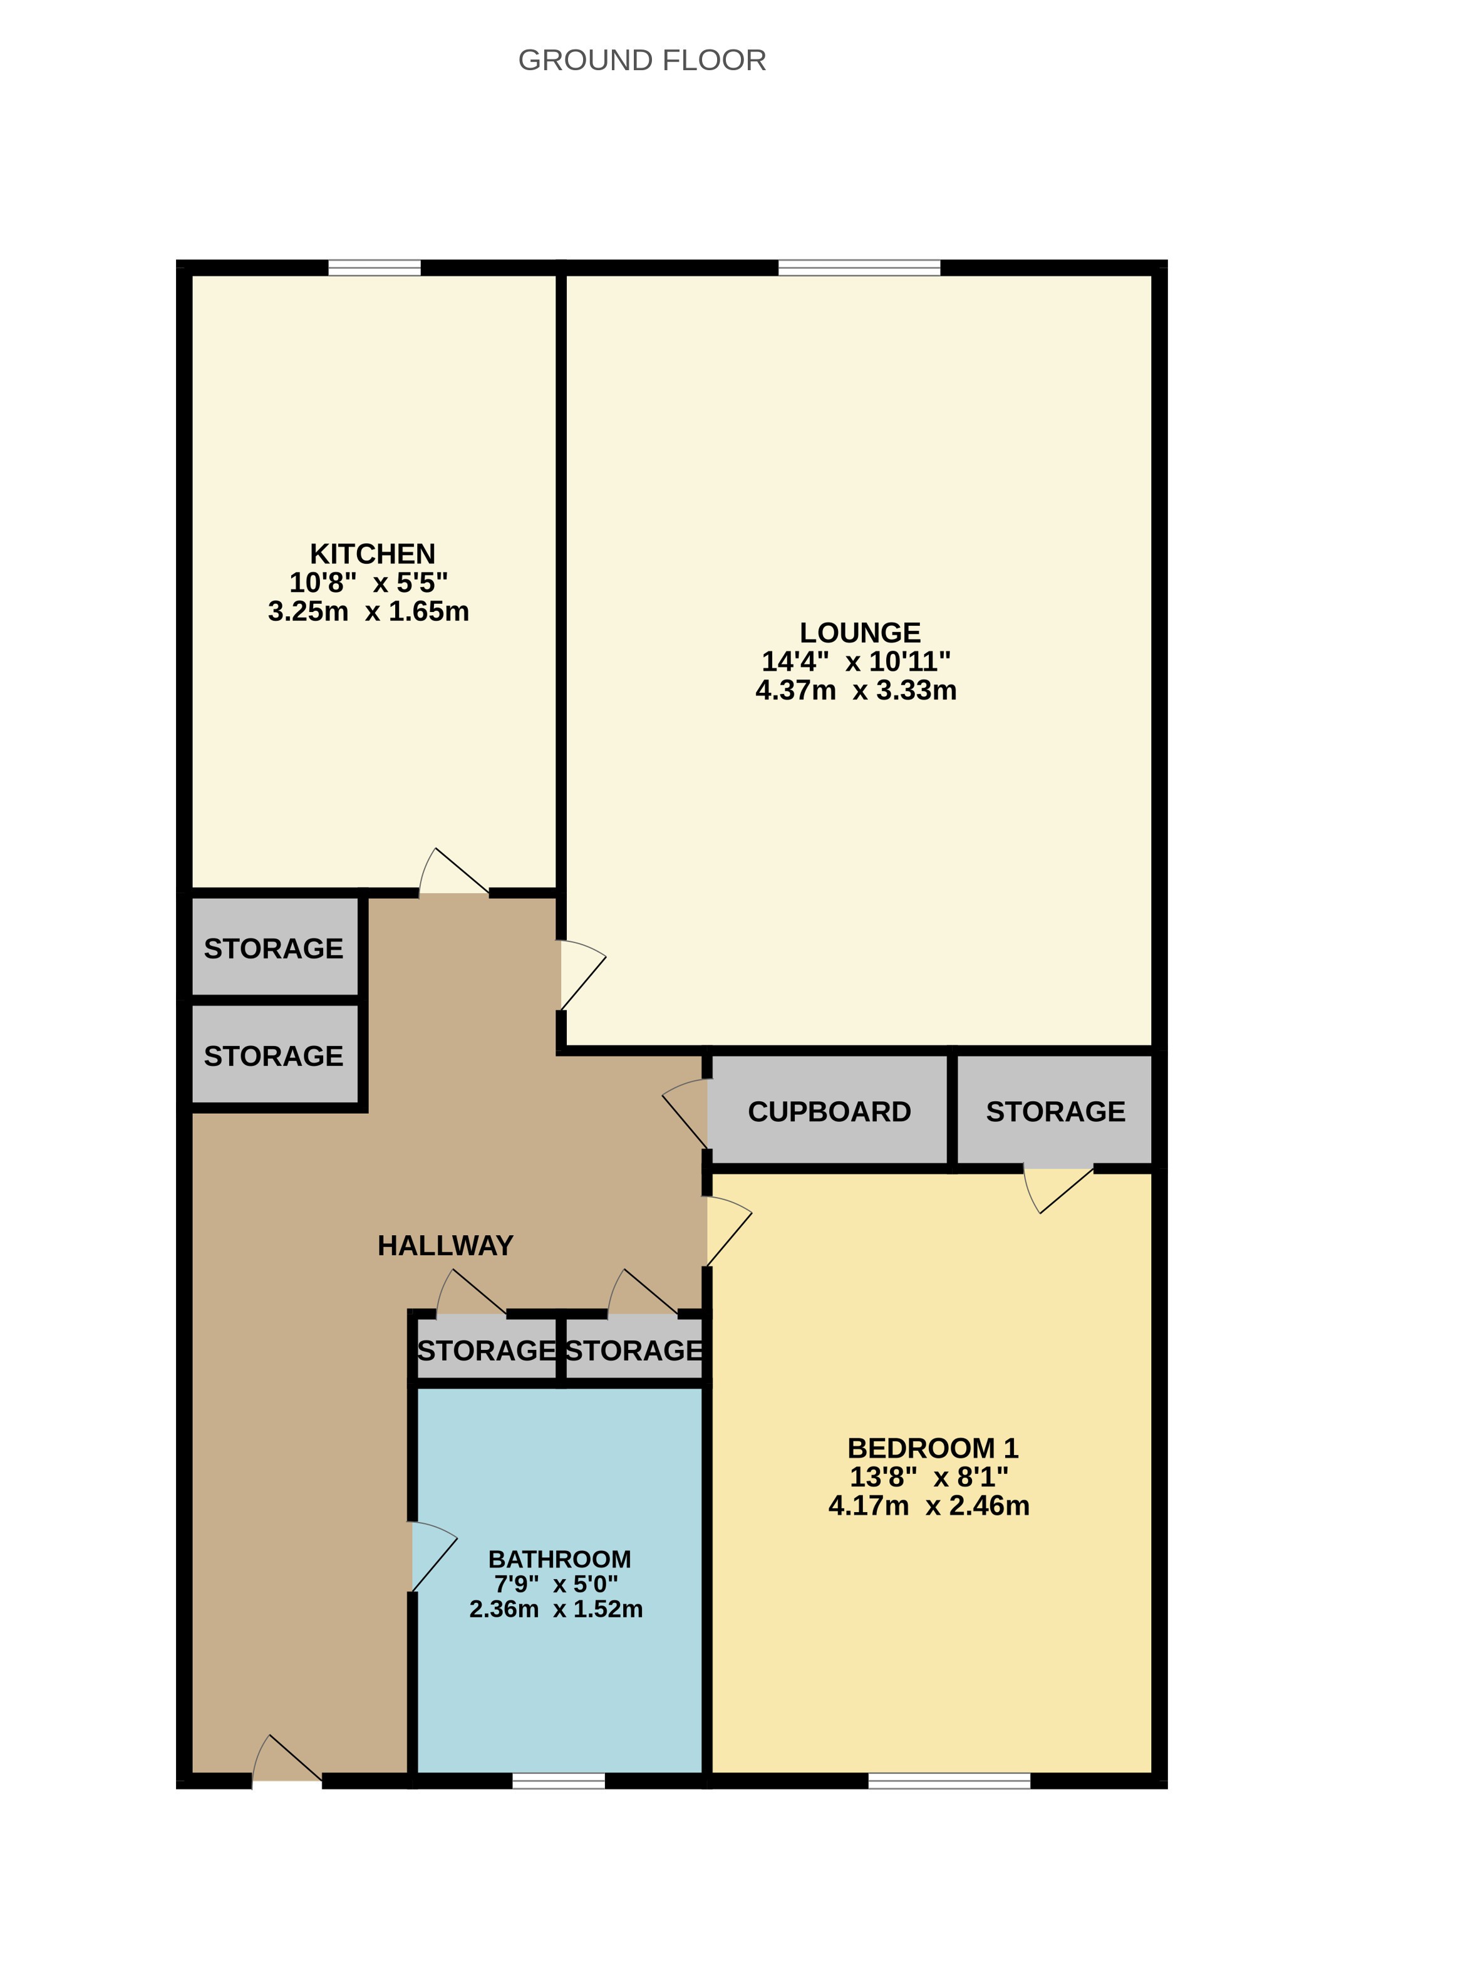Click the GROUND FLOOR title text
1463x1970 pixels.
[x=641, y=60]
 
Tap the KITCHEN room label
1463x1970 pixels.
[x=372, y=554]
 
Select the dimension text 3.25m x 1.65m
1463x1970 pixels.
[x=368, y=611]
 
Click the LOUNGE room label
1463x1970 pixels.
[x=859, y=633]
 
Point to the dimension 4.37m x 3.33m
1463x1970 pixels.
[x=856, y=690]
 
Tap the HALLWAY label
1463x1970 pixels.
[x=445, y=1245]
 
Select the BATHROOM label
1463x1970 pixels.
[x=560, y=1559]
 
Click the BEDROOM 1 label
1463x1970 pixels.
[x=933, y=1448]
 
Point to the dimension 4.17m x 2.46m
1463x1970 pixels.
[x=928, y=1506]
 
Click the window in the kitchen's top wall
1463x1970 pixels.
[x=375, y=267]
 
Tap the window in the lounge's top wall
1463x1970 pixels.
[x=859, y=267]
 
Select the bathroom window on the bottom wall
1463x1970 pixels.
[x=559, y=1780]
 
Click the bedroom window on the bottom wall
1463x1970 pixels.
[x=949, y=1780]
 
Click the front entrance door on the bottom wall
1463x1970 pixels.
[x=287, y=1763]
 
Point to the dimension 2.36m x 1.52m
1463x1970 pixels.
[x=556, y=1609]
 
